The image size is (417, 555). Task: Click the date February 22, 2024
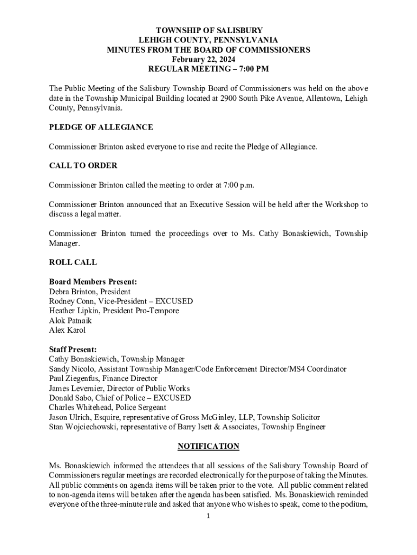pos(208,59)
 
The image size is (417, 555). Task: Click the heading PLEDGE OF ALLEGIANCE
pos(101,127)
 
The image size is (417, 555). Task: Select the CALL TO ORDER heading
pos(83,165)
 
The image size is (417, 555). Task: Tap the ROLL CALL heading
pos(73,262)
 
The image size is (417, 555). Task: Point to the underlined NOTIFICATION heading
pos(208,446)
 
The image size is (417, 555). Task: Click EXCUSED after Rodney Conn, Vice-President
pos(174,301)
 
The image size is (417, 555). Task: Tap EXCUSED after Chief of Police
pos(172,398)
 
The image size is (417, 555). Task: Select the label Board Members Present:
pos(93,282)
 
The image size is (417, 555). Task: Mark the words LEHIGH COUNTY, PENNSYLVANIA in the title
pos(208,40)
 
